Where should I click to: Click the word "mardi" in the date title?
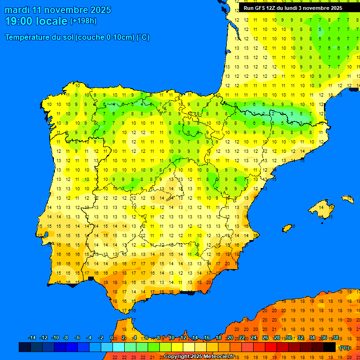pyautogui.click(x=17, y=10)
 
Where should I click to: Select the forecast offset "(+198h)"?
pyautogui.click(x=83, y=21)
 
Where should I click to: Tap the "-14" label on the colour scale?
pyautogui.click(x=32, y=338)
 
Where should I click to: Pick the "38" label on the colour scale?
pyautogui.click(x=336, y=338)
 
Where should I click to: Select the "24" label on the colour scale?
pyautogui.click(x=254, y=338)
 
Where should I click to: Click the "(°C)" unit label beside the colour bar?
pyautogui.click(x=345, y=348)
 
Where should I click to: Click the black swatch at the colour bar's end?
pyautogui.click(x=330, y=347)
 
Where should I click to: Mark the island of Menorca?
pyautogui.click(x=347, y=199)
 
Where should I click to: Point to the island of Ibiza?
pyautogui.click(x=287, y=228)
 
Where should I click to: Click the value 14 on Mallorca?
pyautogui.click(x=322, y=206)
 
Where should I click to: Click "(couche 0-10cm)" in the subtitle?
pyautogui.click(x=105, y=37)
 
